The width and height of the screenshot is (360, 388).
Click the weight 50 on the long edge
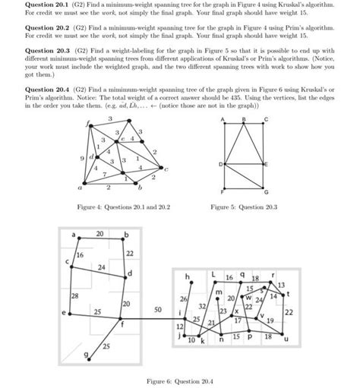click(157, 311)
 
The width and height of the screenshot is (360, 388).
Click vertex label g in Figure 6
click(86, 355)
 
